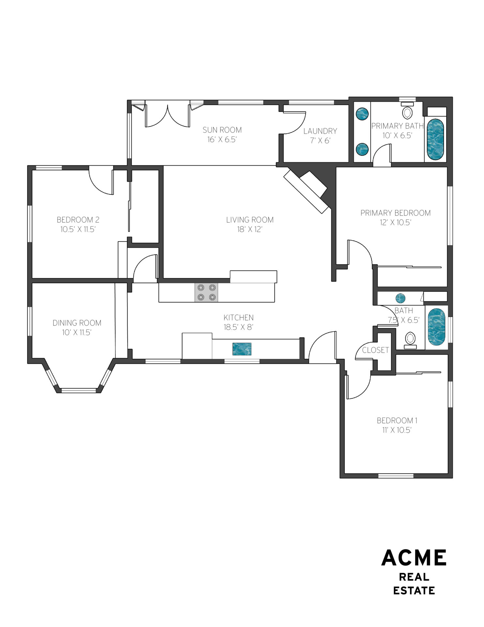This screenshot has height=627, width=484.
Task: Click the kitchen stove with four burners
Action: coord(207,292)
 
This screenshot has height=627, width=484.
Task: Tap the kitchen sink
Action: coord(242,349)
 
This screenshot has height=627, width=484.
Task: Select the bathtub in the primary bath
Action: coord(435,139)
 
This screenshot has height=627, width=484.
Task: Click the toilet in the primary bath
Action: coord(407,111)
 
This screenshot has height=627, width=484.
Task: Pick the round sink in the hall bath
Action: coord(401,298)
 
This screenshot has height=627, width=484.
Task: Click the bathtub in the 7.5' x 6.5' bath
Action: coord(436,327)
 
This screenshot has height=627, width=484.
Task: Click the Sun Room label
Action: coord(222,130)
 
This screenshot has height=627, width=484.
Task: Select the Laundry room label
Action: coord(320,131)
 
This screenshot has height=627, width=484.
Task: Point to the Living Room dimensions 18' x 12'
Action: coord(250,230)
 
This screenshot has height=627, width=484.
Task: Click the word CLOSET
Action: coord(375,350)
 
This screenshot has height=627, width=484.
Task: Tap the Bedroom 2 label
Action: coord(78,220)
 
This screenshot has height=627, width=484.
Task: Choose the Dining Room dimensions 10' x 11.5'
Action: coord(77,332)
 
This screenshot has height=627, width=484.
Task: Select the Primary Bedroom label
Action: coord(396,213)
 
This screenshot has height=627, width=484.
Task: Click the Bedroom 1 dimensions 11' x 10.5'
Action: coord(397,430)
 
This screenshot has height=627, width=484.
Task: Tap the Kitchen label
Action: coord(238,317)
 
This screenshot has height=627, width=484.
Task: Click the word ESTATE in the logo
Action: coord(414,591)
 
